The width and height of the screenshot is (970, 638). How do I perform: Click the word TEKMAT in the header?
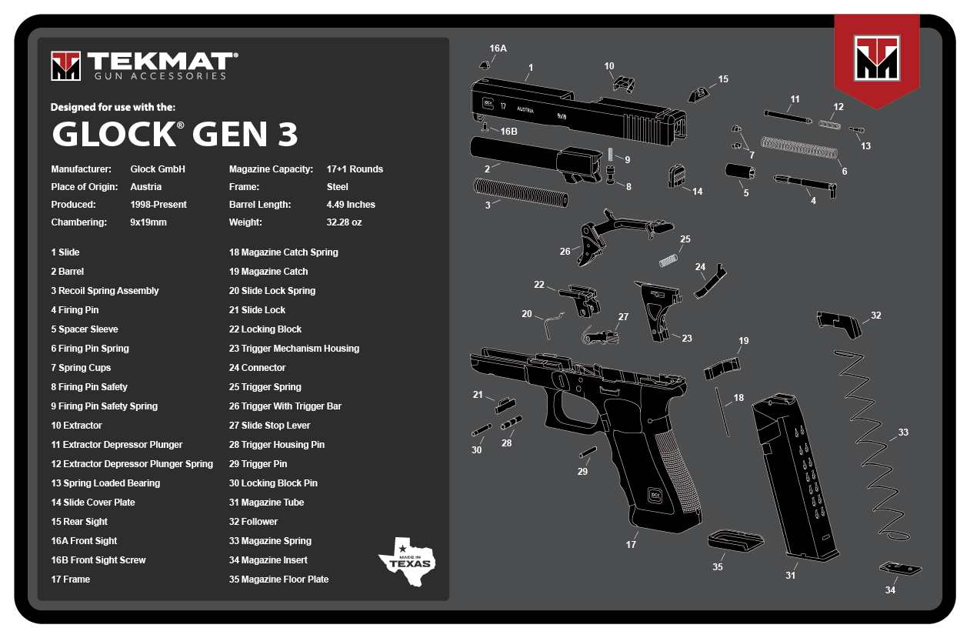[161, 61]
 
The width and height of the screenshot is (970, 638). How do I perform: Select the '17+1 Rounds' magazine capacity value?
[355, 169]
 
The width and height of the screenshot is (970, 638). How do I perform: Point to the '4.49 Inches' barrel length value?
[351, 205]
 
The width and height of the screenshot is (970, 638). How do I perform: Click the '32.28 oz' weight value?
[344, 222]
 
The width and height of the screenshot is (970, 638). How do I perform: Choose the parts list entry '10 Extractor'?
[76, 426]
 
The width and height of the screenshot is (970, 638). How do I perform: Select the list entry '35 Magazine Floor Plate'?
[278, 580]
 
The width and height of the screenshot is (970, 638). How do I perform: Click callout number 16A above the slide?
[498, 48]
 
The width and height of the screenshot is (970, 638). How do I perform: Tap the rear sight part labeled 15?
[698, 95]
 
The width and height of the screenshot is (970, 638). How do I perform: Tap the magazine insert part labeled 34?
[899, 569]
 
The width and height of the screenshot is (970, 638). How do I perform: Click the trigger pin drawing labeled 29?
[588, 453]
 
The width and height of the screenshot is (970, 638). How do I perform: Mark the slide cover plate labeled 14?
[675, 175]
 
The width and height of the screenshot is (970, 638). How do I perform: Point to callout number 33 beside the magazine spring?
[903, 433]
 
